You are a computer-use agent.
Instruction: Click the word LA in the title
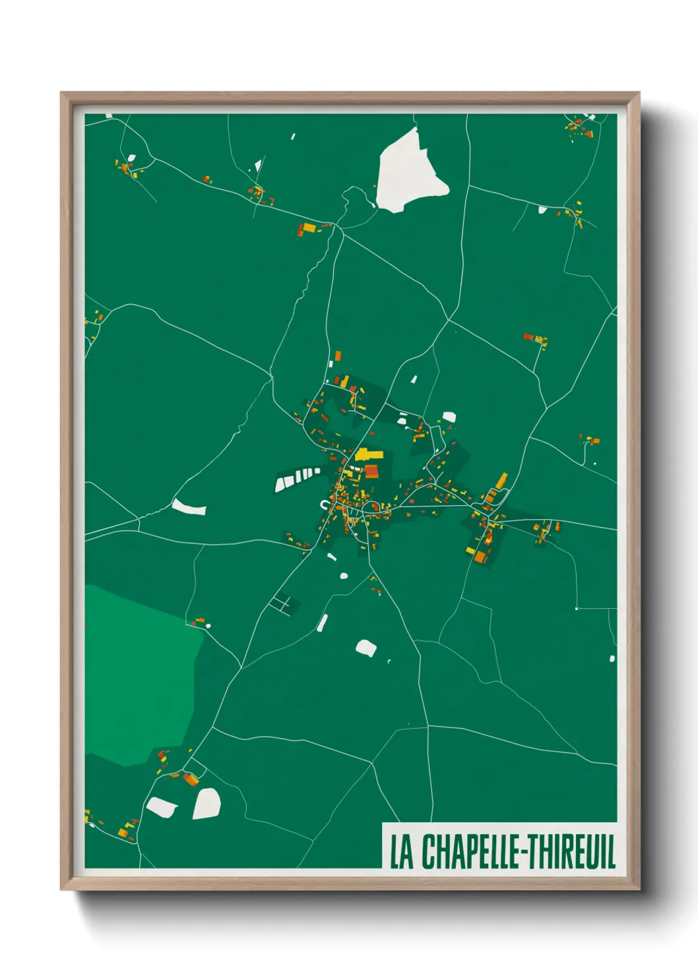point(402,851)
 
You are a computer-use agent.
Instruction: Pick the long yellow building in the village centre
point(369,454)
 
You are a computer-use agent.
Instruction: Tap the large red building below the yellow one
point(371,471)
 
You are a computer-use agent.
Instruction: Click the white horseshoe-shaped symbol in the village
point(325,505)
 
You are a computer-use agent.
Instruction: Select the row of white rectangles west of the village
point(297,478)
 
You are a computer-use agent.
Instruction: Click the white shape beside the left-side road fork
point(189,507)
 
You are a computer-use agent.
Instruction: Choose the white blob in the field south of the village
point(366,648)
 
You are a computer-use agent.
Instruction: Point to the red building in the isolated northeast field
point(528,336)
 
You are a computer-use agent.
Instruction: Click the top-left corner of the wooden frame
point(61,93)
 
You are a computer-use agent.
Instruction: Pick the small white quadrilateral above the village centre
point(414,379)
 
